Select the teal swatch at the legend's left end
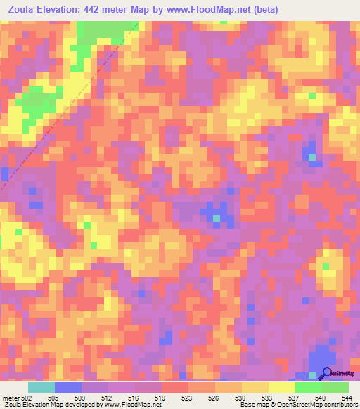[x=41, y=387]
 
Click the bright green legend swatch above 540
[x=308, y=387]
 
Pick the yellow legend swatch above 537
[x=281, y=387]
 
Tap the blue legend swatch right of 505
[x=68, y=387]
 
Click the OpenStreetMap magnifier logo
[x=325, y=375]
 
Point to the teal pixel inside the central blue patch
[x=217, y=219]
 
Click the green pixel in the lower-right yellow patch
[x=326, y=265]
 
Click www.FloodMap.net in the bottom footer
[x=131, y=405]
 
